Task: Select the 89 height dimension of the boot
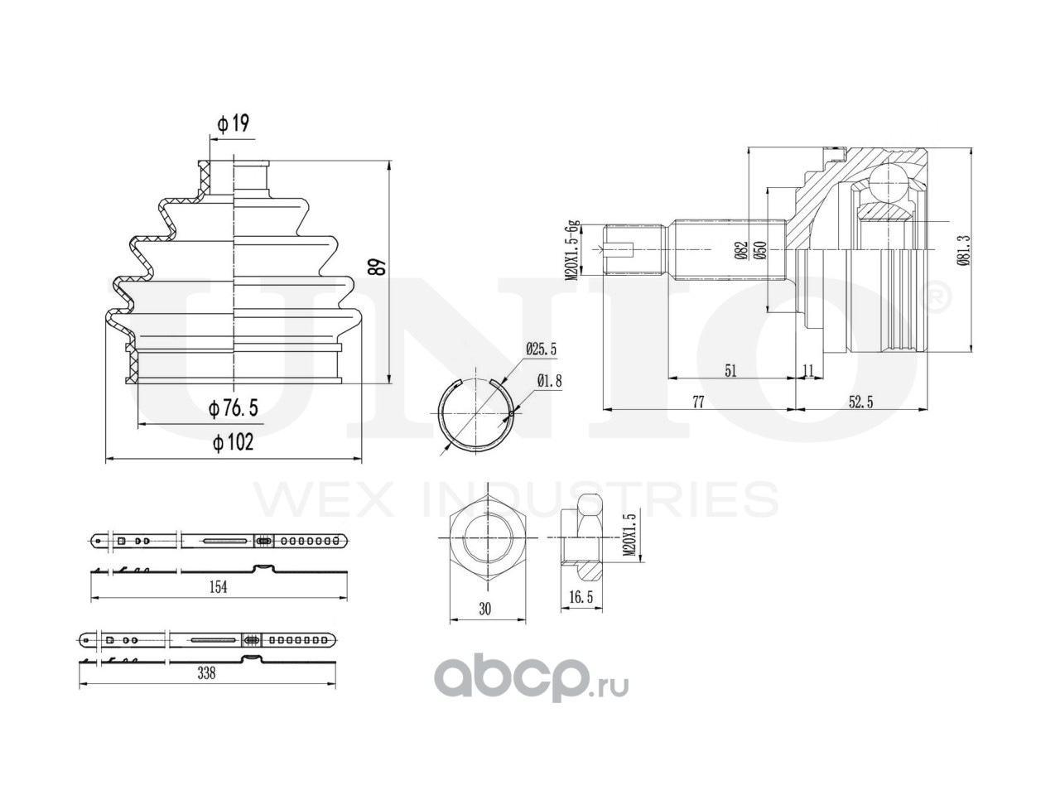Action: click(378, 267)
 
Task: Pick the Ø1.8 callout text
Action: click(551, 381)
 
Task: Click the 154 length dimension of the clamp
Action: click(217, 586)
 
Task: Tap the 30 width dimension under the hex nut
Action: click(485, 609)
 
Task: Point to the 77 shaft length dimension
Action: click(697, 402)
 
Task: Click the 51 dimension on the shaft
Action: click(730, 370)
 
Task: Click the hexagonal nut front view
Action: click(485, 539)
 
